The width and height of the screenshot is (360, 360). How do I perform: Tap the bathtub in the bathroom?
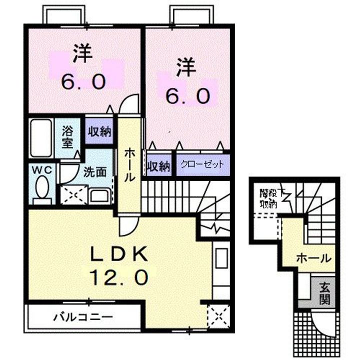pyautogui.click(x=40, y=137)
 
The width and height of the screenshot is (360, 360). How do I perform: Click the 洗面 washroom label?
pyautogui.click(x=94, y=172)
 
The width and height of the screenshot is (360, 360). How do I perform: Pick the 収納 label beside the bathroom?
pyautogui.click(x=99, y=131)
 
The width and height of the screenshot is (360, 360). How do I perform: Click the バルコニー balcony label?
pyautogui.click(x=83, y=316)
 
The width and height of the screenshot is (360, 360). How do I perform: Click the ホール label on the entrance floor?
pyautogui.click(x=313, y=258)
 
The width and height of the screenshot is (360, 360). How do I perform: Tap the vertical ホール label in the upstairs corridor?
pyautogui.click(x=129, y=165)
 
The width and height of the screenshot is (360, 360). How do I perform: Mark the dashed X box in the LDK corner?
pyautogui.click(x=216, y=315)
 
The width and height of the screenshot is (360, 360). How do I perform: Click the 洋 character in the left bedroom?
pyautogui.click(x=83, y=54)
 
